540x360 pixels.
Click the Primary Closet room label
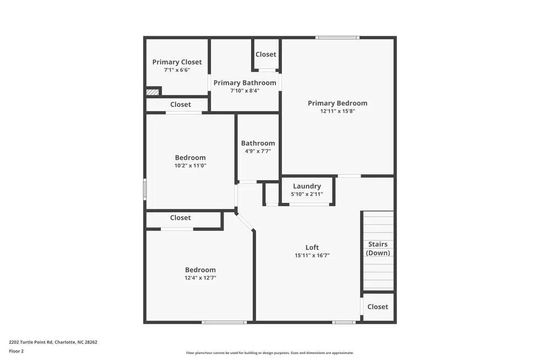(x=177, y=62)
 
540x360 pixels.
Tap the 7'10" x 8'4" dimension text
(x=245, y=91)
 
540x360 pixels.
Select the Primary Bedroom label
(x=337, y=103)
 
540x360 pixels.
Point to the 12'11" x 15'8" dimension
(x=337, y=111)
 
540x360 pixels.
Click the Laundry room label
(x=307, y=186)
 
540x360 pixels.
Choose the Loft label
(x=312, y=248)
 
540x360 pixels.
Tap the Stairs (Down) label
(x=378, y=248)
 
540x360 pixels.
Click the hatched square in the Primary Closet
(x=153, y=92)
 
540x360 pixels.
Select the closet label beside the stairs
(x=377, y=307)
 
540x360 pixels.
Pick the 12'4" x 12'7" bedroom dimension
(x=200, y=278)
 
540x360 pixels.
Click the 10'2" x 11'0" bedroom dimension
(x=190, y=166)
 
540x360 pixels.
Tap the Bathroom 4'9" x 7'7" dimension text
(x=258, y=151)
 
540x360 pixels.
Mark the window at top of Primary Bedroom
(x=337, y=37)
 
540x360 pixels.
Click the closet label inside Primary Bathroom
(x=266, y=55)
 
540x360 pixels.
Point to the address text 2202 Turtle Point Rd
(x=53, y=342)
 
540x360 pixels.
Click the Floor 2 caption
(x=16, y=351)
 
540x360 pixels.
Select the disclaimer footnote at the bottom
(x=269, y=352)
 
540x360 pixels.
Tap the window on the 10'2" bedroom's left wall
(x=145, y=189)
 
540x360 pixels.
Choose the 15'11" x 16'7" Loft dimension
(x=312, y=256)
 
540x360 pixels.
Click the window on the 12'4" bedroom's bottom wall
(x=224, y=322)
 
